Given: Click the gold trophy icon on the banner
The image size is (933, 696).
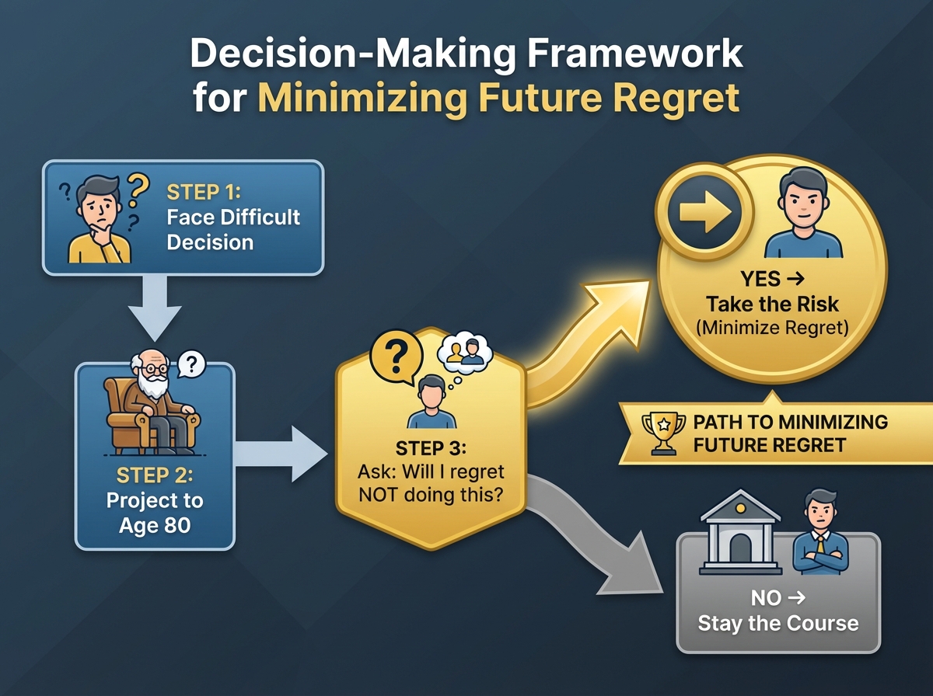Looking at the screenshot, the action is [663, 433].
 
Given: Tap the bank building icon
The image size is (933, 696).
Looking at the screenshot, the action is [740, 533].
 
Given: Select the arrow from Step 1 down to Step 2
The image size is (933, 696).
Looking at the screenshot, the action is [155, 308].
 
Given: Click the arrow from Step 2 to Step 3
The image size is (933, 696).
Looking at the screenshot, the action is [281, 454].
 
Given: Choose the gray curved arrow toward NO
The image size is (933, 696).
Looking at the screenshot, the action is [595, 536].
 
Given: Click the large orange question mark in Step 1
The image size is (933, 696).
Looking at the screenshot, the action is [138, 190].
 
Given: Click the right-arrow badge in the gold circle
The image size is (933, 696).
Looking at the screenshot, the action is [704, 211].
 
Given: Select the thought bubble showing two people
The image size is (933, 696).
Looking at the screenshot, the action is [465, 353].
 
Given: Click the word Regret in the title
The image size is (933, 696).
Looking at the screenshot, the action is [676, 97].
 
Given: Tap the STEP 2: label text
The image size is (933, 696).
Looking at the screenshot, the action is [155, 475].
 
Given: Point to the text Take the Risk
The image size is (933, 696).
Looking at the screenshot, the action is [772, 304].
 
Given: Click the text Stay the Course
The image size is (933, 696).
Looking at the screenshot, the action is [778, 624].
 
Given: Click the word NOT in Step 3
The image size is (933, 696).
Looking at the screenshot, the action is [379, 495].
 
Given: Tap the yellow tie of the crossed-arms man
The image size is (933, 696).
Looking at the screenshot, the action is [820, 544].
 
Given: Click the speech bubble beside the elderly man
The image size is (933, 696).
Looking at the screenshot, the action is [191, 364].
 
